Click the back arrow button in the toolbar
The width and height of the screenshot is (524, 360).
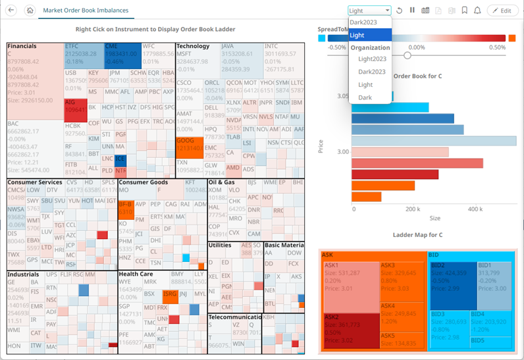pos(11,10)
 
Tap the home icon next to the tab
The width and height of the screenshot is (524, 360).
pos(29,10)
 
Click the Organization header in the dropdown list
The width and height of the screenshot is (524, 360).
pos(369,47)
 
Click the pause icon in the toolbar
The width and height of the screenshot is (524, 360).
pos(412,10)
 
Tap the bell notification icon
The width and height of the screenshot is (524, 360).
pos(477,11)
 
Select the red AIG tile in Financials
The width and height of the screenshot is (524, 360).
pos(75,107)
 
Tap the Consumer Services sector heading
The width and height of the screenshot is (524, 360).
pos(35,182)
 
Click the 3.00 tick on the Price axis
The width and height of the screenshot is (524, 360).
pos(342,152)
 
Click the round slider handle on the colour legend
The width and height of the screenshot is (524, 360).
pos(407,55)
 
